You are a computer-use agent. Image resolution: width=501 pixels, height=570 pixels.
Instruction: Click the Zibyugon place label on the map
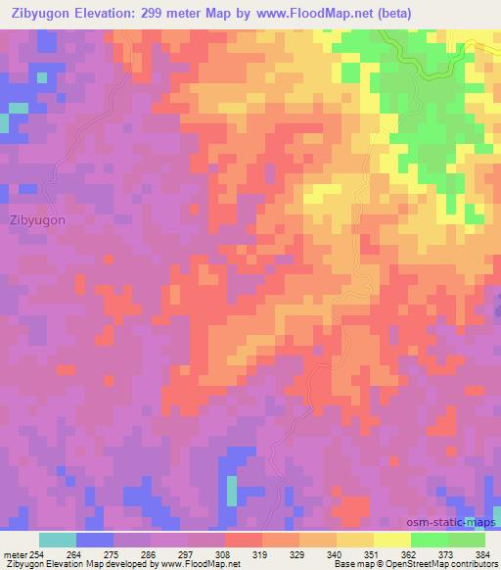pyautogui.click(x=38, y=219)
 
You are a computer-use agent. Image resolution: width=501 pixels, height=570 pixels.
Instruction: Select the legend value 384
pyautogui.click(x=481, y=554)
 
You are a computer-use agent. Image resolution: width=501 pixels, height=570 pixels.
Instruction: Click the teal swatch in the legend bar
pyautogui.click(x=58, y=540)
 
